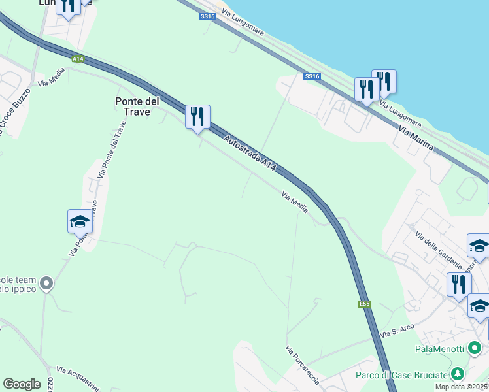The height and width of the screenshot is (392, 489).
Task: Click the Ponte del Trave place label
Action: click(137, 106)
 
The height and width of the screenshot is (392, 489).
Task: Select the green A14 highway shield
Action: click(78, 59)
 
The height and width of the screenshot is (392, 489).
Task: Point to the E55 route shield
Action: click(365, 304)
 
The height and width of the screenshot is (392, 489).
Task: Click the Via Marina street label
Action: click(416, 139)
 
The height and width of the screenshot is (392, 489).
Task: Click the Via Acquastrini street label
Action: click(77, 378)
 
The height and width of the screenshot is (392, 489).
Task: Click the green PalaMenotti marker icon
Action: click(475, 349)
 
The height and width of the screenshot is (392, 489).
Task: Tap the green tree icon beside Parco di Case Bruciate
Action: click(458, 374)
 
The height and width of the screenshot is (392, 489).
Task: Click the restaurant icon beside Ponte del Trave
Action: click(197, 117)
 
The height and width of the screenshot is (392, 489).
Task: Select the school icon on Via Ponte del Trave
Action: click(80, 221)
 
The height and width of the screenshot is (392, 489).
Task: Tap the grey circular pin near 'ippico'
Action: click(46, 284)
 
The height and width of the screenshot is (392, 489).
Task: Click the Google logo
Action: click(22, 384)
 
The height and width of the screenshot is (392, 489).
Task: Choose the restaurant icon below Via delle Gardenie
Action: click(459, 285)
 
